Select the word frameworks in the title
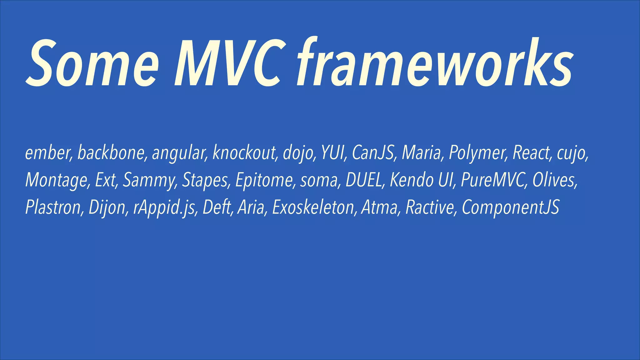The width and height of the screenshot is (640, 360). [434, 62]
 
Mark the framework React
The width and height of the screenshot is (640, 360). [531, 153]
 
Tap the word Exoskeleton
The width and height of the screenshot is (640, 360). [313, 207]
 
